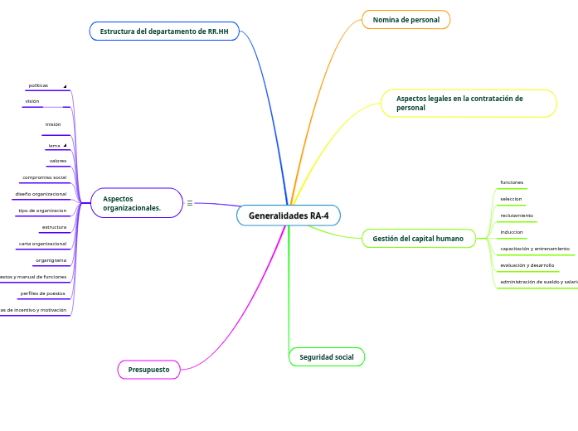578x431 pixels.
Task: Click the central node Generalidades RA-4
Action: pyautogui.click(x=289, y=215)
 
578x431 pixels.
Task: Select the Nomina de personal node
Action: pyautogui.click(x=406, y=20)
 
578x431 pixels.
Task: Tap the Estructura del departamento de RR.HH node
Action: pyautogui.click(x=164, y=31)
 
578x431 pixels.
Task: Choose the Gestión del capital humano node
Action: pyautogui.click(x=418, y=239)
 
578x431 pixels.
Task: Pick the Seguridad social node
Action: pyautogui.click(x=326, y=357)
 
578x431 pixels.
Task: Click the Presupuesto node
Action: pyautogui.click(x=148, y=369)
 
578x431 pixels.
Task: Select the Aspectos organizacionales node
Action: pyautogui.click(x=136, y=203)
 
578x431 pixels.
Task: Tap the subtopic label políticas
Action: pyautogui.click(x=38, y=85)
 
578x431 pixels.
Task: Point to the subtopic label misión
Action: pyautogui.click(x=53, y=124)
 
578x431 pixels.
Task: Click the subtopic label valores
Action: pyautogui.click(x=58, y=161)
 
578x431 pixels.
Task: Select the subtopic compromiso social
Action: pyautogui.click(x=44, y=177)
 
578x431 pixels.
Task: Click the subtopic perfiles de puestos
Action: pyautogui.click(x=43, y=293)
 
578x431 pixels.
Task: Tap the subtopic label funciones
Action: pyautogui.click(x=512, y=182)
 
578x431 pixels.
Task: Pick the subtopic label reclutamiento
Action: pyautogui.click(x=517, y=215)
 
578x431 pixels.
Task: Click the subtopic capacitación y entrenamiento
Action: pyautogui.click(x=535, y=249)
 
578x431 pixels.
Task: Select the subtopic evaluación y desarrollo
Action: pyautogui.click(x=527, y=265)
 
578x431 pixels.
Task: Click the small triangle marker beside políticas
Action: pyautogui.click(x=65, y=86)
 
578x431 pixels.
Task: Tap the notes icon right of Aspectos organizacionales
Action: pyautogui.click(x=190, y=203)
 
